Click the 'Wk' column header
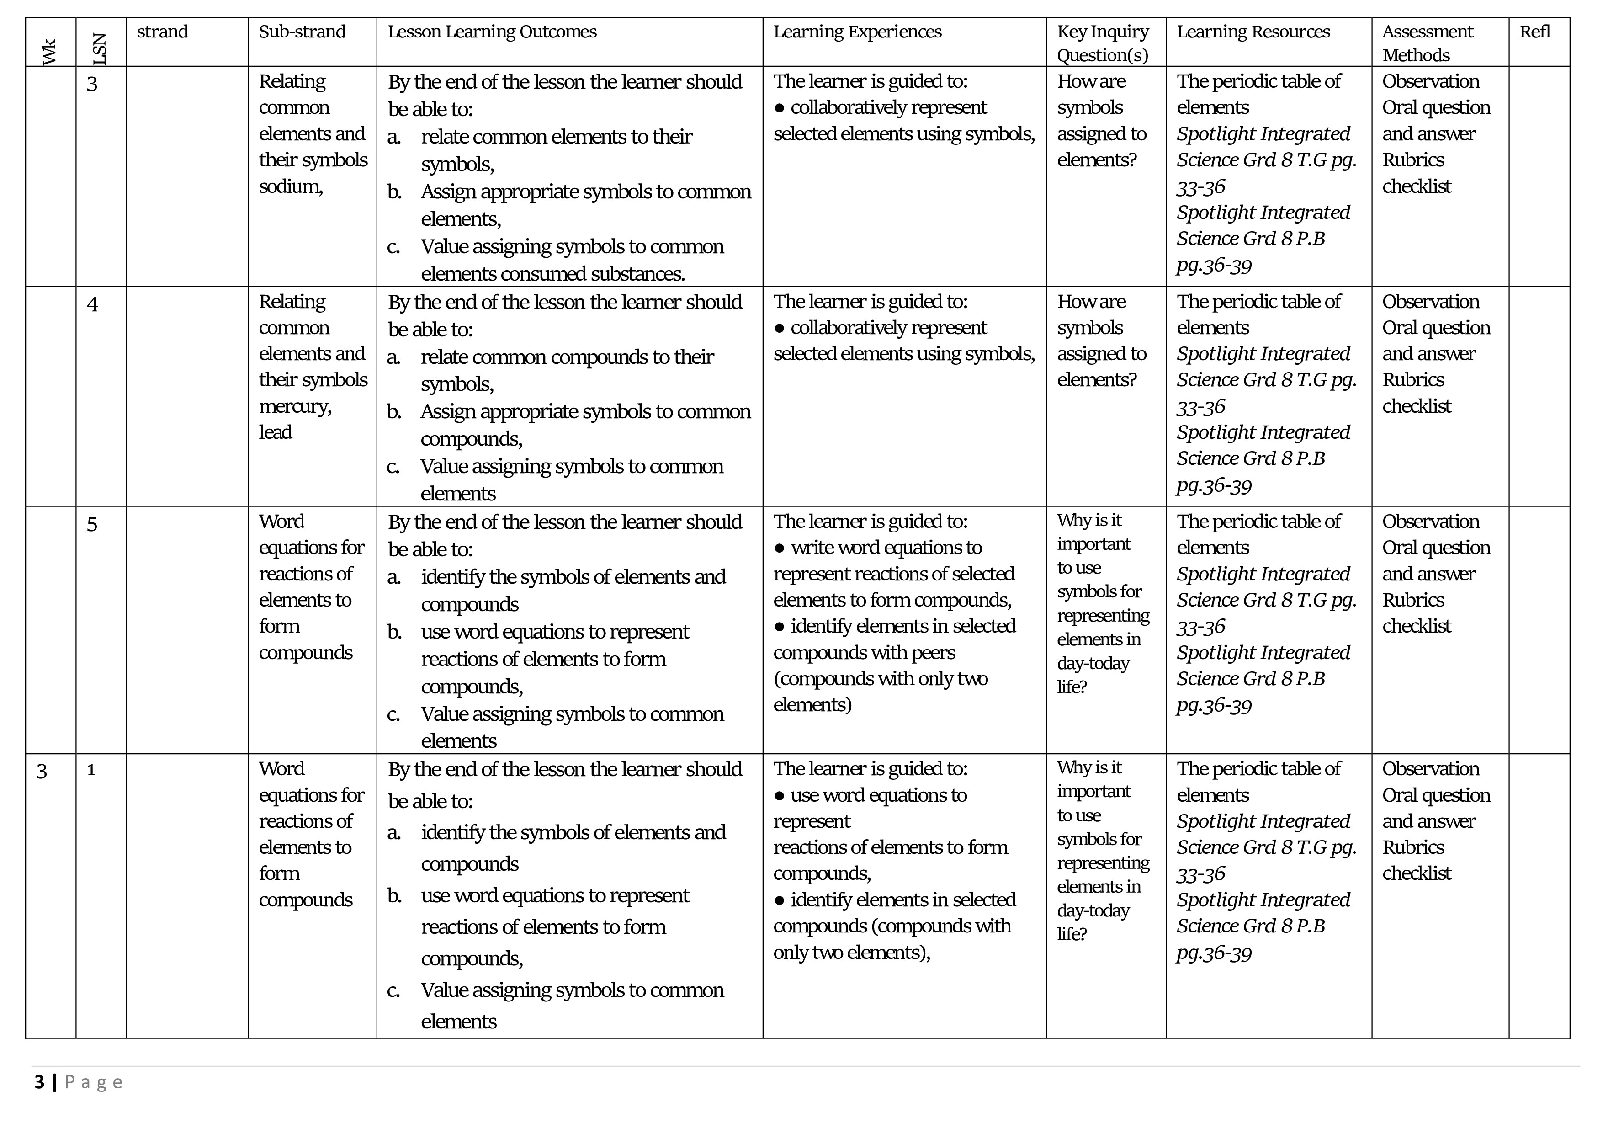tap(49, 52)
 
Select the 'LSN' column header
tap(99, 49)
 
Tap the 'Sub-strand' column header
tap(302, 32)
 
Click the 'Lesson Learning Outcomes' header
tap(492, 32)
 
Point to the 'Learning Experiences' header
tap(857, 32)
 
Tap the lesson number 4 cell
tap(92, 304)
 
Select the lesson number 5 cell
tap(92, 524)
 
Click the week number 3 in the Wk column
tap(42, 772)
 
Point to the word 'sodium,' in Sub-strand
tap(291, 186)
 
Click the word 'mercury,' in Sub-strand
tap(295, 406)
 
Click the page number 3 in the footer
tap(39, 1082)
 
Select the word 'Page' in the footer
tap(94, 1082)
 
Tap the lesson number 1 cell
tap(91, 770)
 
